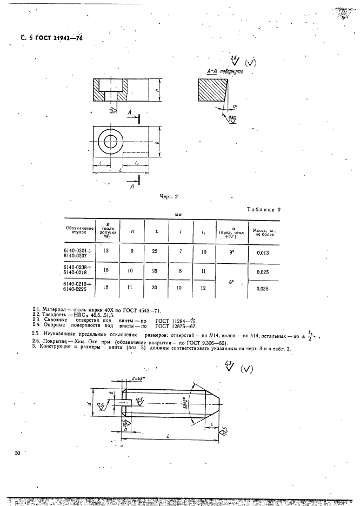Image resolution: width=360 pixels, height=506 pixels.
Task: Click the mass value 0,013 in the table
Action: pyautogui.click(x=262, y=252)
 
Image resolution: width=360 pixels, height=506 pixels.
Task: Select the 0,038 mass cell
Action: pyautogui.click(x=262, y=289)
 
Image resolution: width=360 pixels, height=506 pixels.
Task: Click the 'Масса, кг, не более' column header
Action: pyautogui.click(x=262, y=232)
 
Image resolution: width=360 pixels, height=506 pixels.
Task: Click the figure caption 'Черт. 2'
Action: pyautogui.click(x=170, y=197)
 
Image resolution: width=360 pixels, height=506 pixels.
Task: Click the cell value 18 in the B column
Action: pyautogui.click(x=106, y=287)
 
